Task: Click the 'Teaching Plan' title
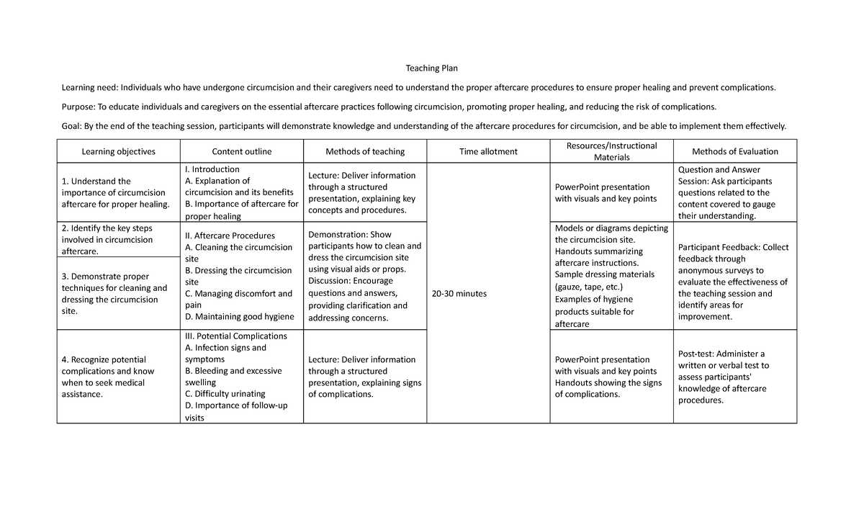431,68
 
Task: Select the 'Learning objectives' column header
118,152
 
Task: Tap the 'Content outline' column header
241,152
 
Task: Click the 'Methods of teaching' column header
365,152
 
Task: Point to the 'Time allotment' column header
488,152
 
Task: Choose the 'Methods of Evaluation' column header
734,152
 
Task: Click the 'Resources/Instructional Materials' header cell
611,151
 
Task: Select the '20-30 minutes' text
461,294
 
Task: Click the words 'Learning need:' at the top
90,88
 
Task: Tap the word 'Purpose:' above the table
78,107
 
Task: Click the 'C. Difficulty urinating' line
225,394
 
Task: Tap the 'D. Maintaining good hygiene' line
239,317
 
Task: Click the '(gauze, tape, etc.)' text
589,287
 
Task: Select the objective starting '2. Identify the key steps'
107,228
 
